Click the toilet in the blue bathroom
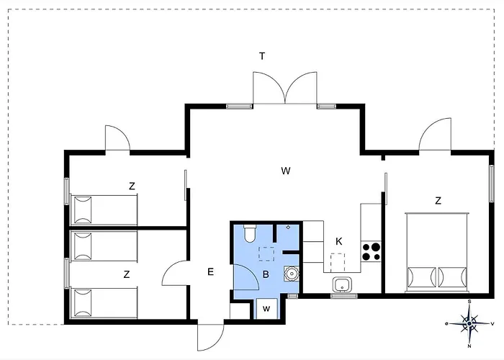tap(250, 233)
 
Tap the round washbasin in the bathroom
tap(291, 274)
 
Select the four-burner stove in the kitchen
tap(371, 252)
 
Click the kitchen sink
tap(342, 285)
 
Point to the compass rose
tap(469, 323)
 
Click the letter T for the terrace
tap(262, 56)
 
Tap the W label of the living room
tap(285, 171)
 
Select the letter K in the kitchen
tap(338, 241)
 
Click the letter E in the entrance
tap(210, 272)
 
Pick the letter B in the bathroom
tap(266, 274)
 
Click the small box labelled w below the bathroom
tap(266, 309)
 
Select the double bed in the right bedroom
tap(437, 252)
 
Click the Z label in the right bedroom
tap(438, 201)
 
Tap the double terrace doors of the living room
tap(285, 88)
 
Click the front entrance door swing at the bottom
tap(211, 337)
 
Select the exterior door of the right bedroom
tap(435, 135)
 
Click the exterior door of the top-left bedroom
tap(117, 138)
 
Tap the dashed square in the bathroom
tap(266, 254)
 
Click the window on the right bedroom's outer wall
tap(492, 184)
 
